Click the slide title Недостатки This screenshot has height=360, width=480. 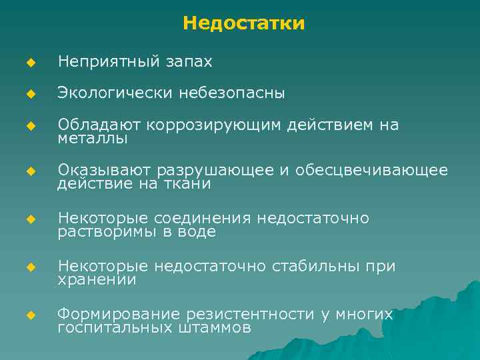coord(244,24)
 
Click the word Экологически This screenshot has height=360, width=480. coord(115,93)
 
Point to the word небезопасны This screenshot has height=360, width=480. coord(231,93)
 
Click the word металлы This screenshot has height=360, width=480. coord(93,139)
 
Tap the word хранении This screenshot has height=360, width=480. coord(97,281)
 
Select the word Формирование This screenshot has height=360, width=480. coord(119,314)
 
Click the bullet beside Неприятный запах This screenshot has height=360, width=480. coord(29,63)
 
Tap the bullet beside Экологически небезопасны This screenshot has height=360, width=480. coord(29,94)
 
